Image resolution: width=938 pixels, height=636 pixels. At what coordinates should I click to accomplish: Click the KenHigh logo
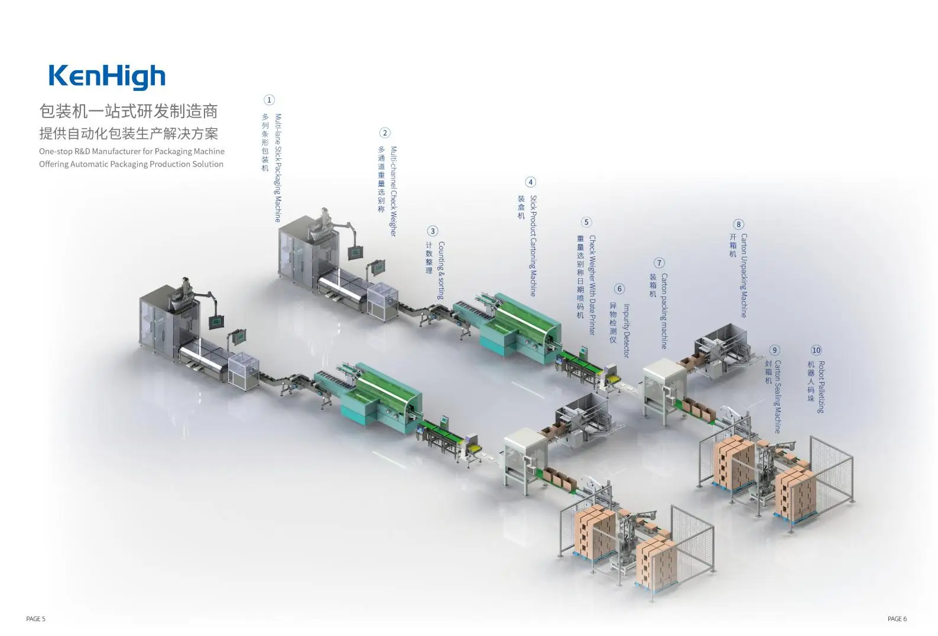pos(107,77)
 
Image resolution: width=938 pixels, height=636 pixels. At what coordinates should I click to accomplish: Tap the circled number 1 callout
pos(269,100)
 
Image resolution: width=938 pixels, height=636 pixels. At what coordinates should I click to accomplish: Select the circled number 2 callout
pos(385,133)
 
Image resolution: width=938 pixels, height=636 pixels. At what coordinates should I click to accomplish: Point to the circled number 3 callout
pos(433,231)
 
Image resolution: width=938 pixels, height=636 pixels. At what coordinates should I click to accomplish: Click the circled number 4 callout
pos(530,182)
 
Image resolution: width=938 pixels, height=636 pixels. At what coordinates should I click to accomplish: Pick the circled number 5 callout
pos(586,223)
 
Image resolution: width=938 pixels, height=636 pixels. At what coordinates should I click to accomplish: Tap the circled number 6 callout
pos(619,289)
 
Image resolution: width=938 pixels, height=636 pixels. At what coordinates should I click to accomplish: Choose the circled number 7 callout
pos(659,263)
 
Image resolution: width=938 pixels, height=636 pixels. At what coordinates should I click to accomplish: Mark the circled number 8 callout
pos(738,224)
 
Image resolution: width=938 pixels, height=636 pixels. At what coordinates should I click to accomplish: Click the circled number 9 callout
pos(774,350)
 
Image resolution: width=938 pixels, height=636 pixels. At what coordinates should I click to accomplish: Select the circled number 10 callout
pos(816,350)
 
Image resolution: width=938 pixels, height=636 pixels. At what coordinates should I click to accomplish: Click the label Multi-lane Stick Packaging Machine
pos(278,168)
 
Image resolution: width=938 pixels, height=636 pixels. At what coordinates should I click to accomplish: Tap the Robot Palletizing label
pos(821,387)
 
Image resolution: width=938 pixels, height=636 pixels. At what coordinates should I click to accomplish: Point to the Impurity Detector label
pos(627,331)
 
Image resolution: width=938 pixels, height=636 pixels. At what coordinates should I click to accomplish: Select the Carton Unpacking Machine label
pos(744,275)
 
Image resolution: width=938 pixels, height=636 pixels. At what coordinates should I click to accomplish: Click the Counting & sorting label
pos(441,270)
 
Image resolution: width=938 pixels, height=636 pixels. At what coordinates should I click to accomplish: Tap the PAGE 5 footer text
pos(35,619)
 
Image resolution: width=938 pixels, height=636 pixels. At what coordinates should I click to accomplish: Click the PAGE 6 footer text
pos(897,619)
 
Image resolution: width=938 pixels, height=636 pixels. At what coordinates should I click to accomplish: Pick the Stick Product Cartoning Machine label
pos(533,246)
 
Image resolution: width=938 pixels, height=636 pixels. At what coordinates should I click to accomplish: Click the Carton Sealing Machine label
pos(778,396)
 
